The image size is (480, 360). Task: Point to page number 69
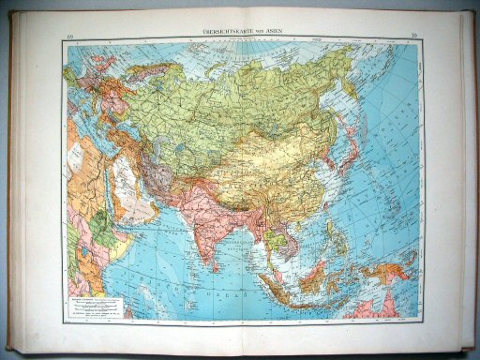click(x=69, y=37)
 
